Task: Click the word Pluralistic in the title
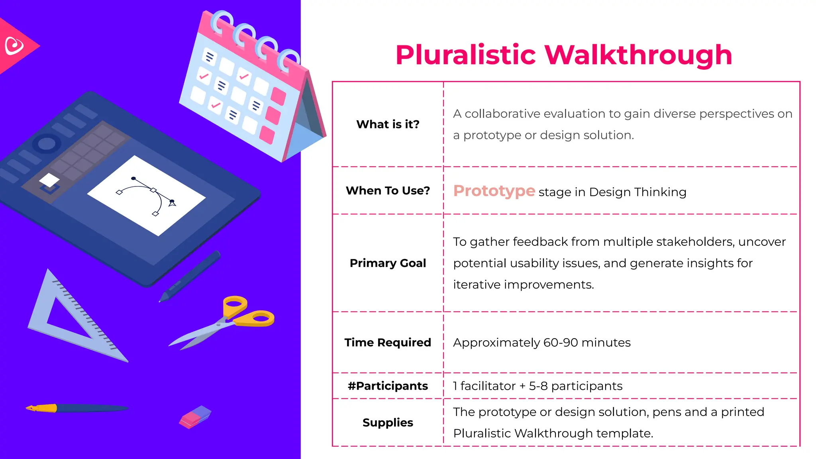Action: coord(465,55)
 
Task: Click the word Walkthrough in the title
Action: coord(638,55)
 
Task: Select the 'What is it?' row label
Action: coord(388,124)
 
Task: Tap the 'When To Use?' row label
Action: coord(388,191)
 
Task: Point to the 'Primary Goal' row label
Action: coord(388,263)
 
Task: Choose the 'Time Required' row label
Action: coord(388,343)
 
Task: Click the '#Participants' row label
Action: coord(388,386)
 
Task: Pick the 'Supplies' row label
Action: coord(388,423)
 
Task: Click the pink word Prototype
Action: coord(494,191)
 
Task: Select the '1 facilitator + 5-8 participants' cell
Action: coord(537,386)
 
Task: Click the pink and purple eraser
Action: coord(195,417)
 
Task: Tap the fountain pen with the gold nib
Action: coord(76,408)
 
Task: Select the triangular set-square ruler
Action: coord(72,319)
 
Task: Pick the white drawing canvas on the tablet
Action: coord(146,195)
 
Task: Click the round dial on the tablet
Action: coord(47,143)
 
